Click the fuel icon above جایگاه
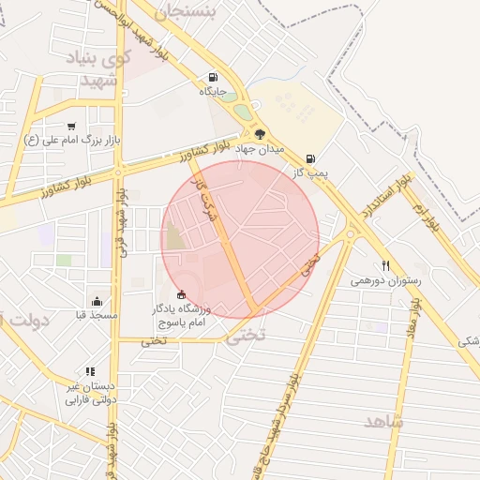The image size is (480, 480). [214, 78]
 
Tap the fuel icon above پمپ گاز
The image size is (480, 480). [310, 158]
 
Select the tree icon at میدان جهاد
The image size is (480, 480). [260, 134]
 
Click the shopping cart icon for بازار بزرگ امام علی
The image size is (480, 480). [71, 127]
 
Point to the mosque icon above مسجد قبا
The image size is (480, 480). [97, 301]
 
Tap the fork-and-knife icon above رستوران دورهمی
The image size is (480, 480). [385, 265]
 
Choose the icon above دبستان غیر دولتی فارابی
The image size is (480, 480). [90, 371]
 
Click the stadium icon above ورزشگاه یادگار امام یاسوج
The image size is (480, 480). [181, 295]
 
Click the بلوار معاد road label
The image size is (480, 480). [412, 318]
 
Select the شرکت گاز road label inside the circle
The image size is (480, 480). [207, 197]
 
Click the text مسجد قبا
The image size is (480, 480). [97, 315]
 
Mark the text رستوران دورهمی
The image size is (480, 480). [386, 280]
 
